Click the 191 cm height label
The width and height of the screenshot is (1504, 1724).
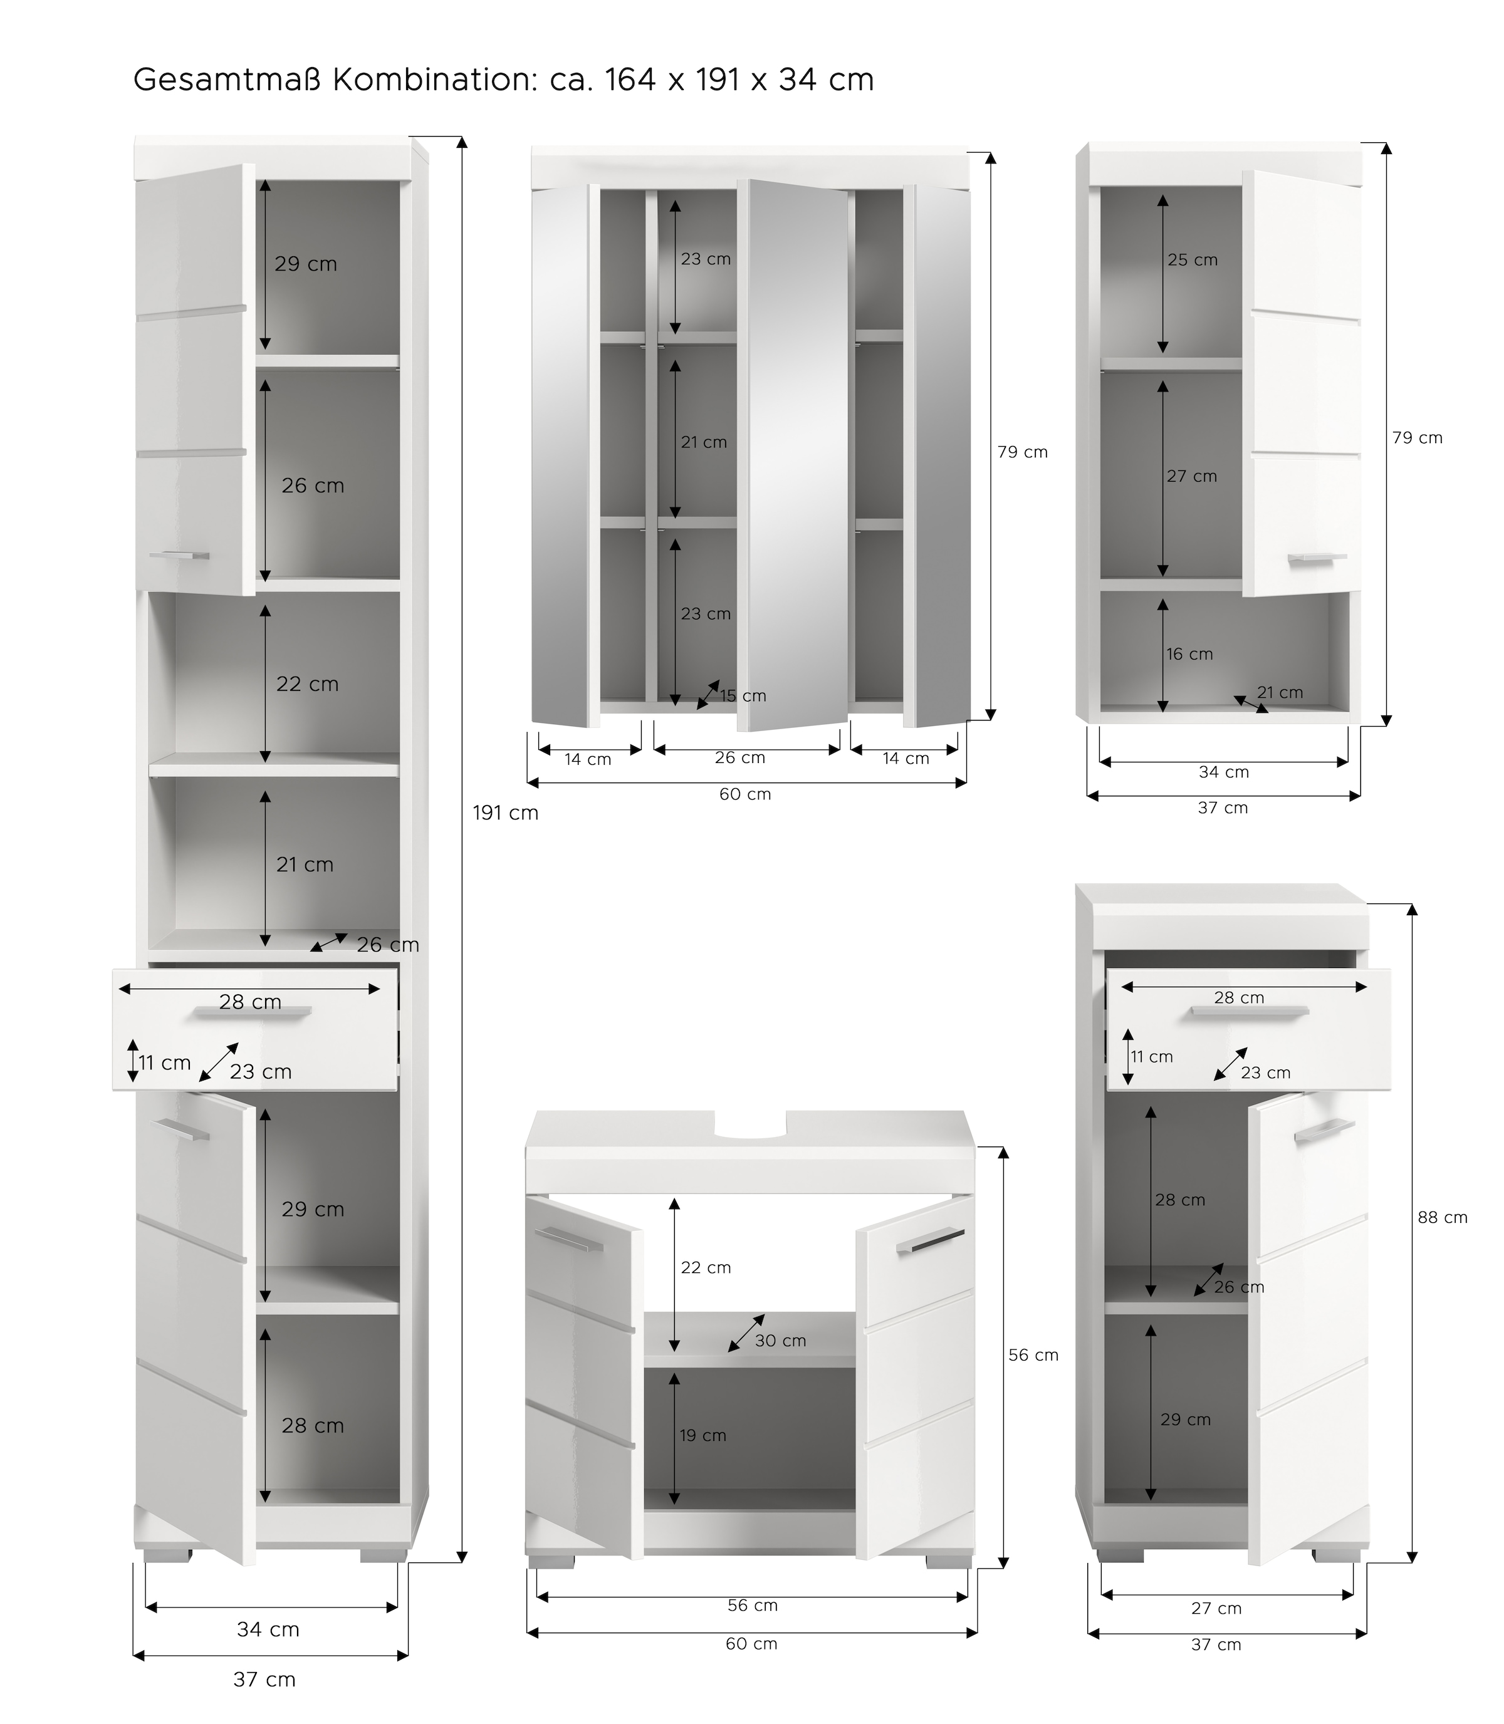point(505,813)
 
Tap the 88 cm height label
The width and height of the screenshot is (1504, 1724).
point(1442,1217)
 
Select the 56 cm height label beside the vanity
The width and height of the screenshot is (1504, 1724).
point(1033,1355)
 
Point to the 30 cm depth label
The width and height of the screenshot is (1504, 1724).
point(780,1341)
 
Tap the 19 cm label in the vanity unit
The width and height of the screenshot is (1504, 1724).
point(702,1435)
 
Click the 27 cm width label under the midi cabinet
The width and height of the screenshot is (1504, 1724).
point(1216,1608)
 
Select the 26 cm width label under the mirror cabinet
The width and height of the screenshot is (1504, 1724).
point(739,757)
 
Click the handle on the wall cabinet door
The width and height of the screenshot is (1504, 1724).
point(1317,559)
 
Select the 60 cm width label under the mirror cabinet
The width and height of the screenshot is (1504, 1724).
point(744,794)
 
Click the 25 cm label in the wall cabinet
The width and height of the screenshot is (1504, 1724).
point(1192,260)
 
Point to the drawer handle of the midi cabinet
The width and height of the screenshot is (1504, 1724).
point(1249,1012)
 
